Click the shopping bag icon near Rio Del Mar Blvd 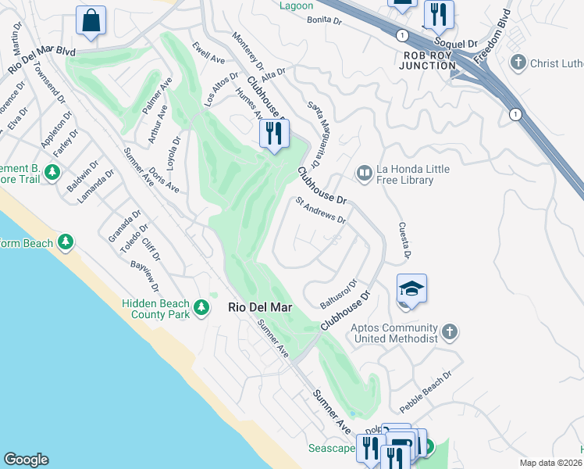click(x=91, y=20)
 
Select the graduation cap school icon click(x=411, y=290)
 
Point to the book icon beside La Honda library click(x=364, y=172)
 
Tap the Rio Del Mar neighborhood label click(x=259, y=308)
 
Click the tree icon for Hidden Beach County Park click(x=202, y=307)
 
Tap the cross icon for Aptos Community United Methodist click(x=449, y=333)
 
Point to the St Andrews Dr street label click(x=320, y=210)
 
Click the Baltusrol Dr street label click(x=339, y=293)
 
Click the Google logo click(x=25, y=460)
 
